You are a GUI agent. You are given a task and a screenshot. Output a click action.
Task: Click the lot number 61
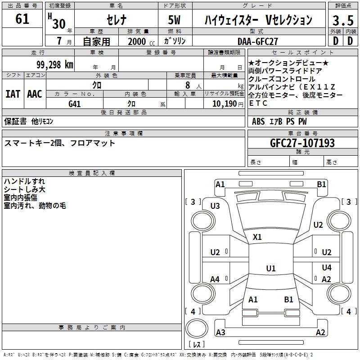[x=22, y=20]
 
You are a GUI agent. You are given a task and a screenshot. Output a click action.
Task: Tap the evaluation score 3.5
[x=342, y=21]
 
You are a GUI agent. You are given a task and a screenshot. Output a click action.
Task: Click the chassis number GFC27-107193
[x=302, y=143]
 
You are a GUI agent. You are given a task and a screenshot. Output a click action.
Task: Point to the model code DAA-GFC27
[x=258, y=41]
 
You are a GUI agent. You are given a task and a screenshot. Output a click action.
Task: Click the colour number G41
[x=75, y=104]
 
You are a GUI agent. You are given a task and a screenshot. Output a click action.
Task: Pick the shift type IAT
[x=13, y=94]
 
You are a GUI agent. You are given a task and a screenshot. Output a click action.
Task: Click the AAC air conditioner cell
[x=35, y=94]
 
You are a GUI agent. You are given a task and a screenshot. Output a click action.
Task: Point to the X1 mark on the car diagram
[x=257, y=237]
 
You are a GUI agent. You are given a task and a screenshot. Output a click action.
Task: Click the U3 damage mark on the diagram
[x=215, y=206]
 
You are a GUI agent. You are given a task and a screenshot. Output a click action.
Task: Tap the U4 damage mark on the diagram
[x=327, y=268]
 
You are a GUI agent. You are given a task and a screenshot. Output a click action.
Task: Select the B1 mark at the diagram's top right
[x=321, y=184]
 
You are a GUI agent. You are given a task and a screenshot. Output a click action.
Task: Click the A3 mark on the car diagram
[x=220, y=333]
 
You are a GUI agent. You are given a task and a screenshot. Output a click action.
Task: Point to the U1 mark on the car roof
[x=271, y=269]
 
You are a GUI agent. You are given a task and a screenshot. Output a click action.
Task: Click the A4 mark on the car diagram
[x=215, y=279]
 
